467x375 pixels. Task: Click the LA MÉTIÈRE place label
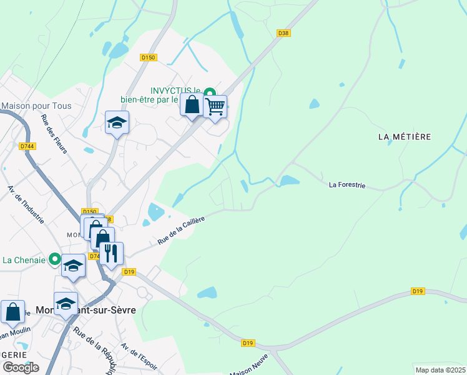[405, 136]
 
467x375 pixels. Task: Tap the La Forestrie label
[347, 185]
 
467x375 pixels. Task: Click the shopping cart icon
[215, 106]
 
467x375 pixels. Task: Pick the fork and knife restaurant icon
[111, 253]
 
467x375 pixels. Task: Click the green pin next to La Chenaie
[55, 258]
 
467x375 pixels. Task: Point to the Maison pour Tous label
[36, 106]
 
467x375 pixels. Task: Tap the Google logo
[20, 367]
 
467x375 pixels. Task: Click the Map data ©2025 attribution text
[440, 370]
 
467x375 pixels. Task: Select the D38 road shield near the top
[283, 33]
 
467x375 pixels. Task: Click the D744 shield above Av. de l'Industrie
[26, 146]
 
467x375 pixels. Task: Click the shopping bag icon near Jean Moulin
[12, 311]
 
